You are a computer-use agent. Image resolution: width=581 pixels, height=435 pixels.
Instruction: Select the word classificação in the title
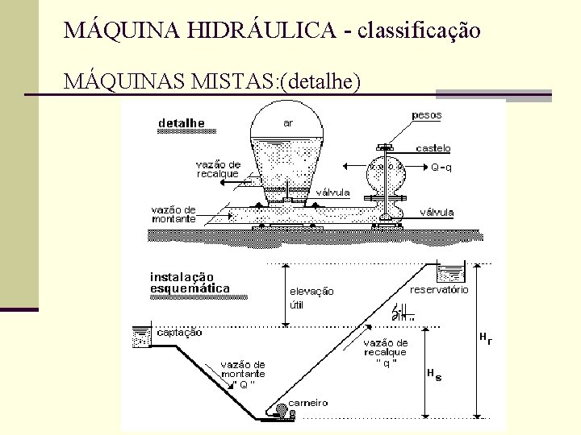pyautogui.click(x=418, y=31)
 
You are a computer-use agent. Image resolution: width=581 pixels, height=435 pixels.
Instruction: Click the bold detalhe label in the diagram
pyautogui.click(x=182, y=123)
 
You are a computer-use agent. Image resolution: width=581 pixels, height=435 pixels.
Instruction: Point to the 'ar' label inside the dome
pyautogui.click(x=287, y=123)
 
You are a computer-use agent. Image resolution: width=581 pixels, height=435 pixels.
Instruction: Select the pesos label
pyautogui.click(x=427, y=115)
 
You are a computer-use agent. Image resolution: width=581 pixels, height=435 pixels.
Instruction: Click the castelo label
pyautogui.click(x=433, y=148)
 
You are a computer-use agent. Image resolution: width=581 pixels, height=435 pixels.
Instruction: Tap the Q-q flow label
pyautogui.click(x=441, y=168)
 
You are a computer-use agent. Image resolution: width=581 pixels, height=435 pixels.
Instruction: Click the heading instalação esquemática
pyautogui.click(x=190, y=283)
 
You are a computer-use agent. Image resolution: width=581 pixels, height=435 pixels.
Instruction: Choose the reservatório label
pyautogui.click(x=440, y=289)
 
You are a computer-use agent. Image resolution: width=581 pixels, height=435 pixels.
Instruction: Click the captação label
pyautogui.click(x=179, y=332)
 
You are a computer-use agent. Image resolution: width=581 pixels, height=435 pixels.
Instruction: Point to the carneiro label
pyautogui.click(x=308, y=402)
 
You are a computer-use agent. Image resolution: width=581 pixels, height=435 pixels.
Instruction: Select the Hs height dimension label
pyautogui.click(x=433, y=375)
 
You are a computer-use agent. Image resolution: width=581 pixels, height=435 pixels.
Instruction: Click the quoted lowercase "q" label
pyautogui.click(x=386, y=362)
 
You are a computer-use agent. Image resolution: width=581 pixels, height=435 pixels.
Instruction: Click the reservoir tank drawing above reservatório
pyautogui.click(x=450, y=272)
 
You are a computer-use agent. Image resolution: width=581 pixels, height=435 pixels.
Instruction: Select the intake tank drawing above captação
pyautogui.click(x=140, y=337)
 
